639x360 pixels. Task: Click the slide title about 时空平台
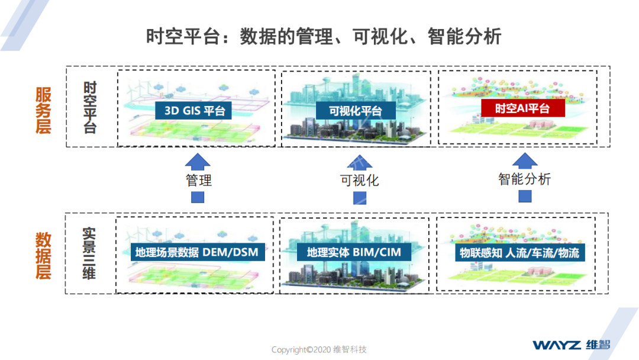pyautogui.click(x=324, y=37)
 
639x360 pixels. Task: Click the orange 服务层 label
pyautogui.click(x=43, y=111)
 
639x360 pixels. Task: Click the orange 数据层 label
pyautogui.click(x=43, y=256)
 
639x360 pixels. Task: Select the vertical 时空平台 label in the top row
pyautogui.click(x=90, y=107)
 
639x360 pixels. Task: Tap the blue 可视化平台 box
pyautogui.click(x=356, y=111)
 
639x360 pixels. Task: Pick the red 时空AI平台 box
pyautogui.click(x=522, y=108)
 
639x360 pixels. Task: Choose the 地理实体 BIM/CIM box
pyautogui.click(x=354, y=253)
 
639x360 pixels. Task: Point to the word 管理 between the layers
pyautogui.click(x=199, y=181)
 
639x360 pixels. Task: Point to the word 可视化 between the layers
pyautogui.click(x=359, y=181)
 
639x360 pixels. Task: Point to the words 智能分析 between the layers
pyautogui.click(x=524, y=179)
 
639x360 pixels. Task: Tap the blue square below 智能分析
pyautogui.click(x=525, y=196)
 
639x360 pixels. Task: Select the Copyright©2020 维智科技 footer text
pyautogui.click(x=319, y=349)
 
